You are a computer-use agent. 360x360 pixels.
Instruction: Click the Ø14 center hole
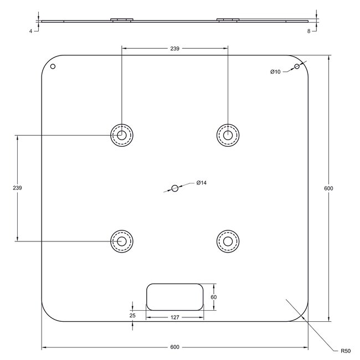click(174, 188)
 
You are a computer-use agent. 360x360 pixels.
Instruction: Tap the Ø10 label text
click(275, 72)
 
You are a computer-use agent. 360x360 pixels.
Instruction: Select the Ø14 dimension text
click(202, 183)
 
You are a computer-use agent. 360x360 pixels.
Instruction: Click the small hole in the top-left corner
click(53, 66)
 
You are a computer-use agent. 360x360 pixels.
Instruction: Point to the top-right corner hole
click(297, 66)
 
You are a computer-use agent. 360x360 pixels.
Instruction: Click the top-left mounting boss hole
click(122, 135)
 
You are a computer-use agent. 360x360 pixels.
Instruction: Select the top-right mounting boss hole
click(228, 135)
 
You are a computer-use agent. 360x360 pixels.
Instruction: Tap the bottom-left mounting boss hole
click(122, 241)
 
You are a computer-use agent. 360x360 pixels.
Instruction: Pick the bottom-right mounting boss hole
click(228, 241)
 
